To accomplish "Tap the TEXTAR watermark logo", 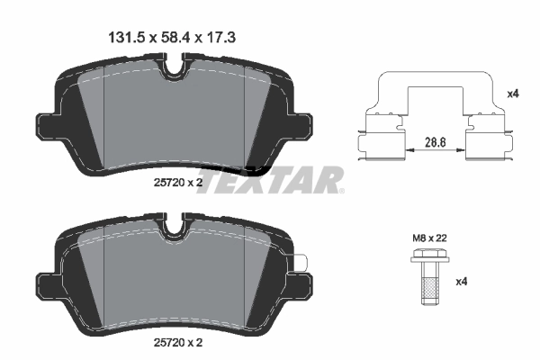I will coord(269,179).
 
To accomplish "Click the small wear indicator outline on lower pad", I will coord(303,263).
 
